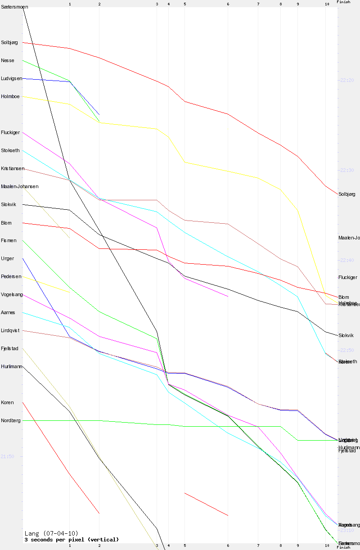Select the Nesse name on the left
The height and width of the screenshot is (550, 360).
[8, 60]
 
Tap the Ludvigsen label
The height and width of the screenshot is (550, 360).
[12, 78]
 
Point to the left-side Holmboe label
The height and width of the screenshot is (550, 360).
[10, 96]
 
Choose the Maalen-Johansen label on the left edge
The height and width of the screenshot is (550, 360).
[20, 186]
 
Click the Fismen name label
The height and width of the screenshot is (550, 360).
[9, 240]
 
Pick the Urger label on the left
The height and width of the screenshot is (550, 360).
[8, 258]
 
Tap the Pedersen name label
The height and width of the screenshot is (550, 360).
[11, 276]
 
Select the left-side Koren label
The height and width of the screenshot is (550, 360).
[8, 402]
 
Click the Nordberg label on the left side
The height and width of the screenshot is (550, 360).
[11, 420]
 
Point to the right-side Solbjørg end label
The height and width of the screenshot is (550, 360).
[347, 194]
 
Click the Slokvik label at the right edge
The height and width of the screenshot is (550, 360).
[346, 336]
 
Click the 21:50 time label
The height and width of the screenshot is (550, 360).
[8, 456]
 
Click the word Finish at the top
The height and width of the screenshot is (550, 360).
[343, 2]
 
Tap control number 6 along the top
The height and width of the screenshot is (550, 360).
[228, 4]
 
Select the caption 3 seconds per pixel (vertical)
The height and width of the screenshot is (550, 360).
[72, 539]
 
